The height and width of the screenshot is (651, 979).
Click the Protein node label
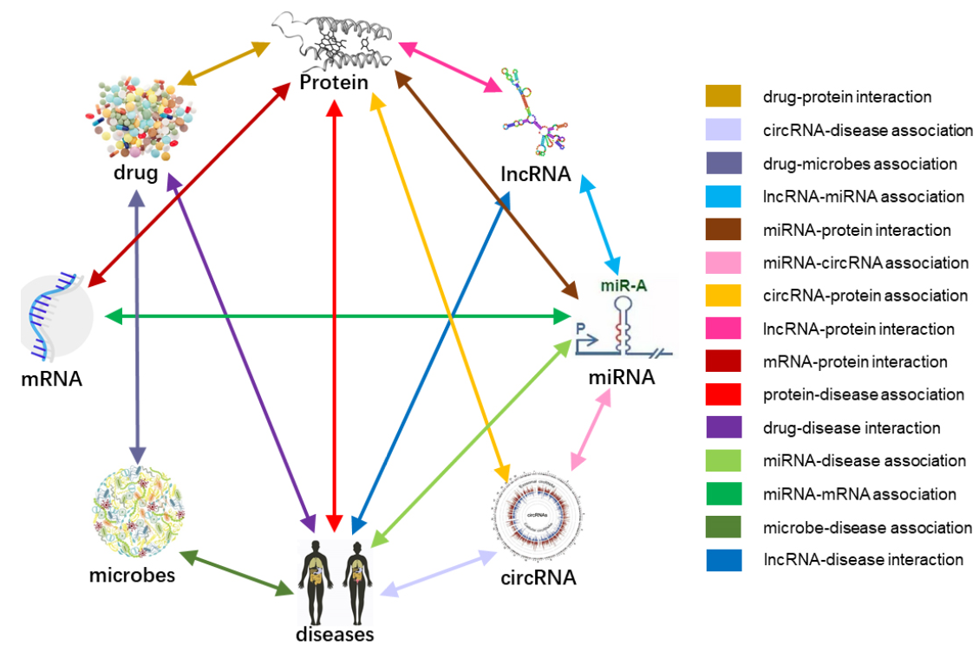coord(335,82)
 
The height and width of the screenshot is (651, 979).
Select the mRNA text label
coord(52,378)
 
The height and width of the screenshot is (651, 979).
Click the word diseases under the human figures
coord(335,634)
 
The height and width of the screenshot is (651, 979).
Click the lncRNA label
coord(536,174)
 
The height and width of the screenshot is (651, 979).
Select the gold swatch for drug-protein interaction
coord(723,97)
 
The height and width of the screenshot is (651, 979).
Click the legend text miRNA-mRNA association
coord(859,494)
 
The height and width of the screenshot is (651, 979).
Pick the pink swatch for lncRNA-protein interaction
coord(723,329)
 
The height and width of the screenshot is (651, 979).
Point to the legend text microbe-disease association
coord(867,527)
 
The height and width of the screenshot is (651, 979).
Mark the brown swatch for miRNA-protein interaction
coord(723,231)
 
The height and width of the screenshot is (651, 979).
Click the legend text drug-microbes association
coord(859,164)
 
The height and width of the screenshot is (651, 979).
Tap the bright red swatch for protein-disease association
coord(723,395)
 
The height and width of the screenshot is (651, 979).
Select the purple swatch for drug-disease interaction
coord(723,428)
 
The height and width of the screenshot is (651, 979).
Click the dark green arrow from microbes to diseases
coord(234,572)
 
